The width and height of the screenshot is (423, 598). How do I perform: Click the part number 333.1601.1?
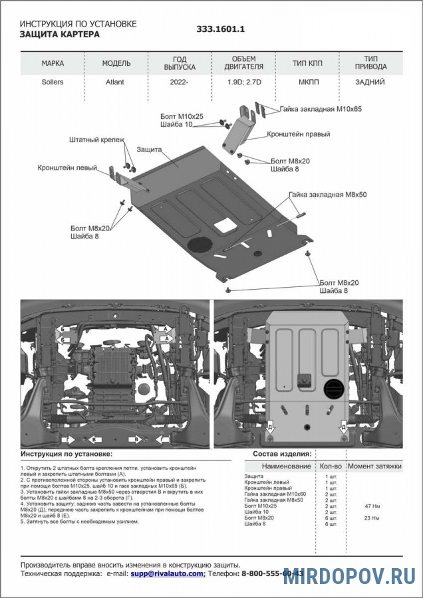[x=221, y=29]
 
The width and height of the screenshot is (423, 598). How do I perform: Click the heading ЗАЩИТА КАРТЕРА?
[x=60, y=34]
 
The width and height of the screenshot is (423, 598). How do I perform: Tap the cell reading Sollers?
[x=53, y=84]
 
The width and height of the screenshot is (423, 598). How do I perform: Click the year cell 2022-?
[x=179, y=84]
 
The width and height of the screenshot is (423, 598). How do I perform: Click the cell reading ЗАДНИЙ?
[x=370, y=84]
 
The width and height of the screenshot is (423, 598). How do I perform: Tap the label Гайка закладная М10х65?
[x=321, y=108]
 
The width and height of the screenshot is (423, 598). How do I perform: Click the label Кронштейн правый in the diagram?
[x=299, y=134]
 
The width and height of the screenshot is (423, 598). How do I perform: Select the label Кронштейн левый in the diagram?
[x=67, y=167]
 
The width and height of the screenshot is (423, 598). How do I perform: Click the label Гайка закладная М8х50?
[x=328, y=195]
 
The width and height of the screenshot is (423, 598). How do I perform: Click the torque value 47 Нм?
[x=372, y=506]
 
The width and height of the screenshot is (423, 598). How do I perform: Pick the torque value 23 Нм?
[x=372, y=518]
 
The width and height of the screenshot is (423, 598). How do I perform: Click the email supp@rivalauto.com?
[x=167, y=573]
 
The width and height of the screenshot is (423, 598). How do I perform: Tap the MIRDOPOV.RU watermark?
[x=349, y=576]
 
